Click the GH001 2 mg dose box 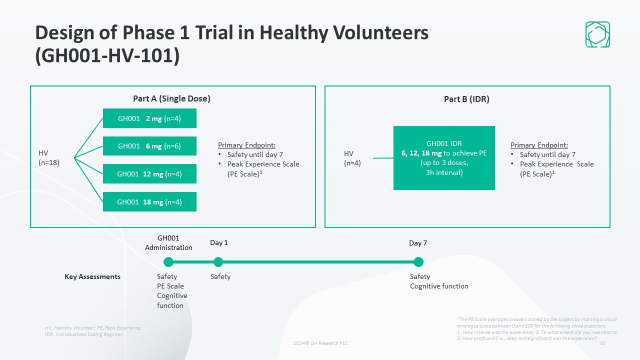tap(149, 118)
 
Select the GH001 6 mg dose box tap(149, 146)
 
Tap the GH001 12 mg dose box tap(149, 173)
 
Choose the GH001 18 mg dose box tap(149, 201)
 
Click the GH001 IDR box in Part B tap(444, 158)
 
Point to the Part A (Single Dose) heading tap(171, 98)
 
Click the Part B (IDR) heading tap(466, 99)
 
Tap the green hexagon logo tap(597, 34)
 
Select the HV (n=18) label tap(49, 157)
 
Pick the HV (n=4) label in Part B tap(352, 158)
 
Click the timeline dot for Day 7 tap(418, 262)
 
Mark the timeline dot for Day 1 tap(218, 262)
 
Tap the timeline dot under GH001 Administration tap(168, 262)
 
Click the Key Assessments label tap(92, 276)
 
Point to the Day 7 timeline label tap(417, 243)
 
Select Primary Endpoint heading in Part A tap(246, 145)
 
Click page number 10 tap(602, 343)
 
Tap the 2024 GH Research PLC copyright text tap(320, 343)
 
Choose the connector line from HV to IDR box tap(383, 158)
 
